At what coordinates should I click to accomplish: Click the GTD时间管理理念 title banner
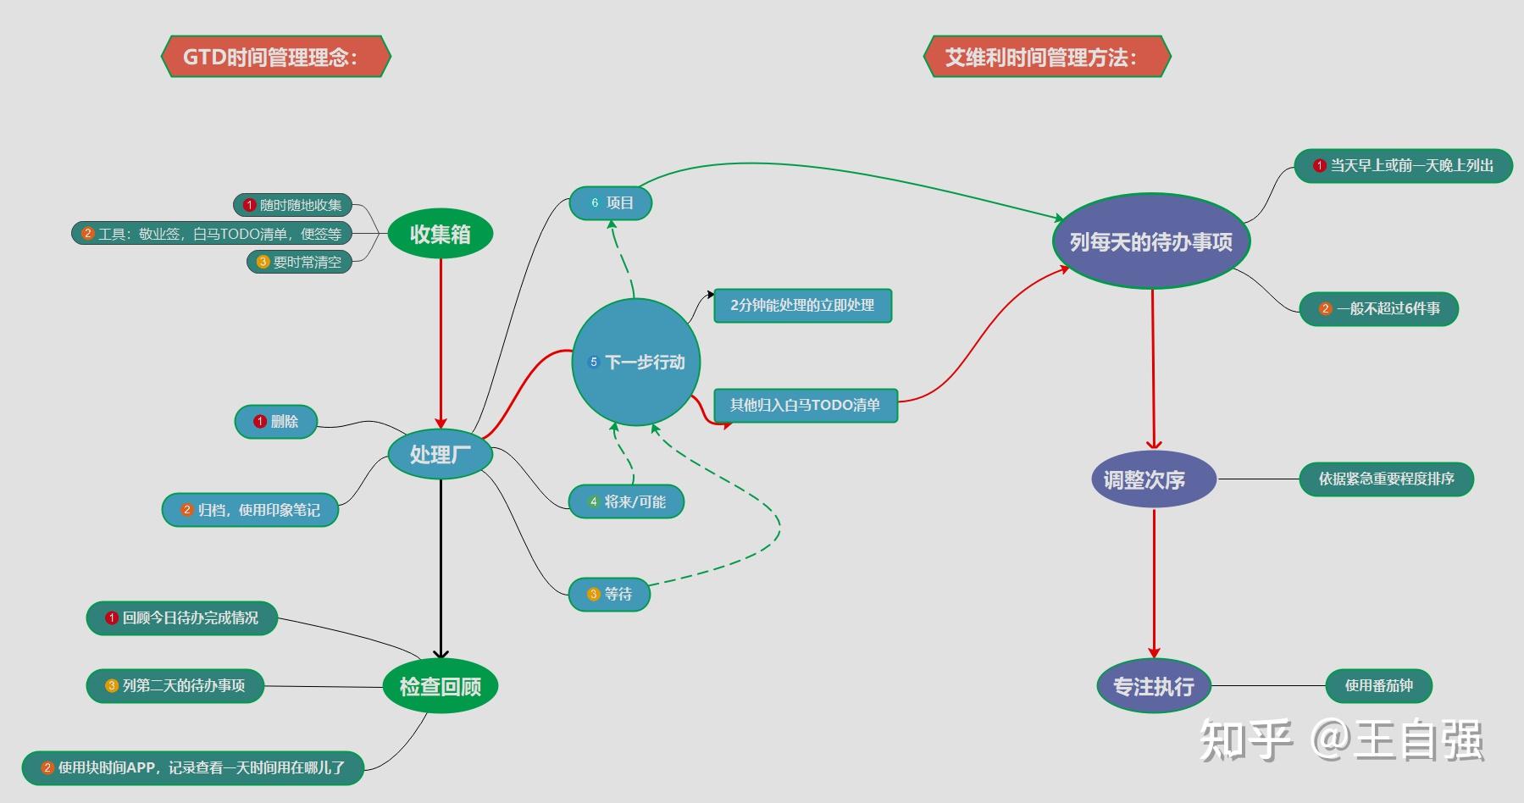coord(276,57)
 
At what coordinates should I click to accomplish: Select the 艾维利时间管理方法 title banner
coord(1047,57)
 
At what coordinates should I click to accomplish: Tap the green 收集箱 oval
coord(441,234)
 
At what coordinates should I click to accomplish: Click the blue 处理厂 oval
coord(441,455)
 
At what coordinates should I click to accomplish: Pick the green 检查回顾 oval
coord(441,686)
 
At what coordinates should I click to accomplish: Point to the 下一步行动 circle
coord(636,362)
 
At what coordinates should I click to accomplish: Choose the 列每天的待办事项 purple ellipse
coord(1151,241)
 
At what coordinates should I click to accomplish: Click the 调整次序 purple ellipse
coord(1154,479)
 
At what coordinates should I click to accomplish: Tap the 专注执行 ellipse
coord(1154,686)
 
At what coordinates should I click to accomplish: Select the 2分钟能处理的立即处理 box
coord(802,305)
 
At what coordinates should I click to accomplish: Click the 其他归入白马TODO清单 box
coord(805,405)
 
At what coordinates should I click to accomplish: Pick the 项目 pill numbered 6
coord(611,203)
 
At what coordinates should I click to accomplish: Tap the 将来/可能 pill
coord(626,501)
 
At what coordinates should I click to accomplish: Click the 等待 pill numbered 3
coord(609,594)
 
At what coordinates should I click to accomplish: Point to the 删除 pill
coord(276,421)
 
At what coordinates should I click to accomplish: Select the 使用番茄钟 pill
coord(1378,686)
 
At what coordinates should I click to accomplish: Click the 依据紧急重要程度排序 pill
coord(1386,479)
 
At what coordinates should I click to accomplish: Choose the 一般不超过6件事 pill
coord(1379,308)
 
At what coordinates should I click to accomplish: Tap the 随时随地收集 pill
coord(292,205)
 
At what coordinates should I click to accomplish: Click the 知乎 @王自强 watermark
coord(1342,740)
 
